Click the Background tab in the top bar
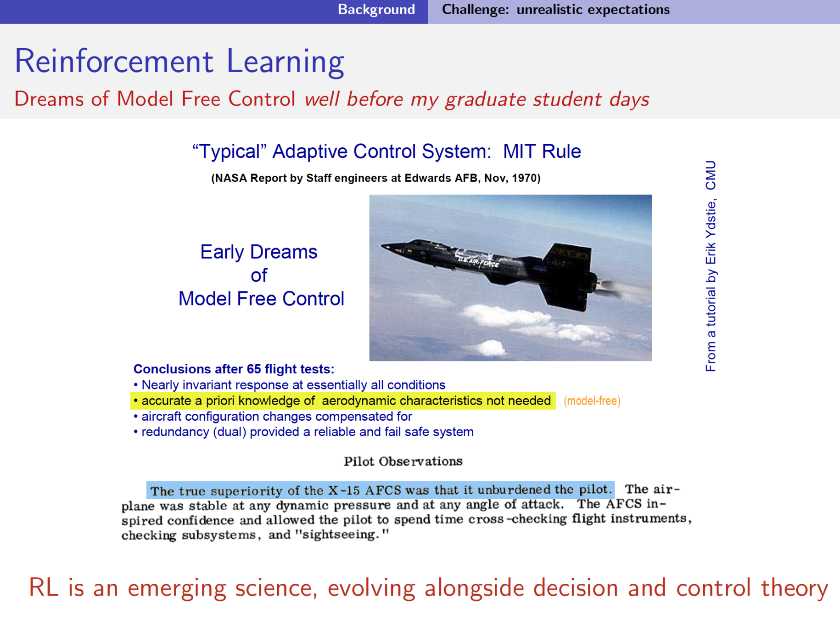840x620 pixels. (376, 10)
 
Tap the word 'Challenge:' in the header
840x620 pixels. (475, 10)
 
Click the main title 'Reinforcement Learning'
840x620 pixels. (179, 61)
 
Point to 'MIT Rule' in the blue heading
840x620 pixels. (542, 151)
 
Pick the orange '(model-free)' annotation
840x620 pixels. (592, 401)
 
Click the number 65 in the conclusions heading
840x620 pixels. (254, 369)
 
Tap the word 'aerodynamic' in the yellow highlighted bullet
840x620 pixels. (359, 401)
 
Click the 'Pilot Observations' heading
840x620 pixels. (403, 462)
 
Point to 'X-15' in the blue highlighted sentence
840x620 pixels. (344, 490)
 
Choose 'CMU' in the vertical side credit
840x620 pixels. (711, 175)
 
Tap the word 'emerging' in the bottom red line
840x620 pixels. (176, 589)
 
